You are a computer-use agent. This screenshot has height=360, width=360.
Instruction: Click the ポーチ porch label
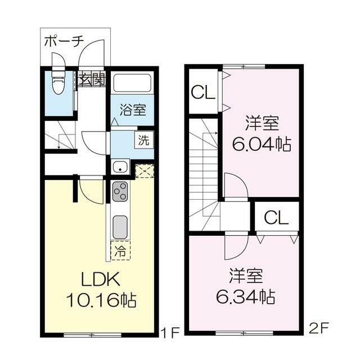click(x=64, y=42)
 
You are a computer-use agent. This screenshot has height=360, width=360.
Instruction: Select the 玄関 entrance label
click(x=92, y=79)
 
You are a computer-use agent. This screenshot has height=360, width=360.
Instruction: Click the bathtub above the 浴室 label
click(x=133, y=83)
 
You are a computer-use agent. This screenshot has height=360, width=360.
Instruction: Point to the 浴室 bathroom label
click(x=133, y=109)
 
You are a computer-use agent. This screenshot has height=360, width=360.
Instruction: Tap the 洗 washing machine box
click(x=144, y=140)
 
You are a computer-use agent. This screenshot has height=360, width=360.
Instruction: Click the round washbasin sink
click(x=120, y=166)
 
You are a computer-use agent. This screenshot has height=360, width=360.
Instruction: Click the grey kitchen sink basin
click(x=120, y=227)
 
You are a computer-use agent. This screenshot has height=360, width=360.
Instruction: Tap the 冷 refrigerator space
click(x=120, y=250)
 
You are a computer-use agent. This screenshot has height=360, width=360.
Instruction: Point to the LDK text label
click(x=100, y=279)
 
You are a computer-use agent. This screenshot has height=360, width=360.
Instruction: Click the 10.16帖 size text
click(x=101, y=300)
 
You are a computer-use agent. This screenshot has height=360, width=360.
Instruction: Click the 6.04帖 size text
click(x=261, y=144)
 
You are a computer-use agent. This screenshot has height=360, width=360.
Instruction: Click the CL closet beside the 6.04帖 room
click(x=204, y=92)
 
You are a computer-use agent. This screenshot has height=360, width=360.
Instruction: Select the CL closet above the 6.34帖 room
click(x=276, y=218)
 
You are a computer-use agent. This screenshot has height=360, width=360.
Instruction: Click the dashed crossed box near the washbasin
click(x=144, y=171)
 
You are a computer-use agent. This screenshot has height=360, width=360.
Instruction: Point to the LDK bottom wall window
click(x=92, y=335)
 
